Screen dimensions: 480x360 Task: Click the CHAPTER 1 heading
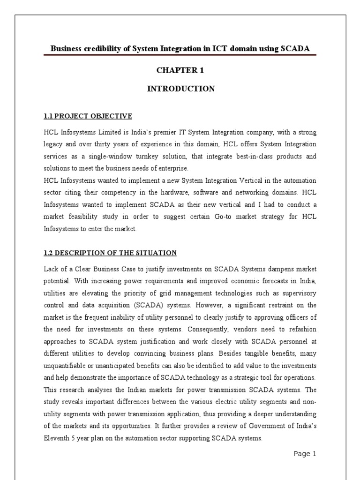(x=180, y=71)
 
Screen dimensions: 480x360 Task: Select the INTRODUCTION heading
(x=181, y=89)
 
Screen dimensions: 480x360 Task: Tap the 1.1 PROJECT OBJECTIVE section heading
(x=88, y=116)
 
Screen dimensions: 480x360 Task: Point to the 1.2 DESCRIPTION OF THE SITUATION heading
(x=110, y=253)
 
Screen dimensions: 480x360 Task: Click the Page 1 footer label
(x=305, y=453)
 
